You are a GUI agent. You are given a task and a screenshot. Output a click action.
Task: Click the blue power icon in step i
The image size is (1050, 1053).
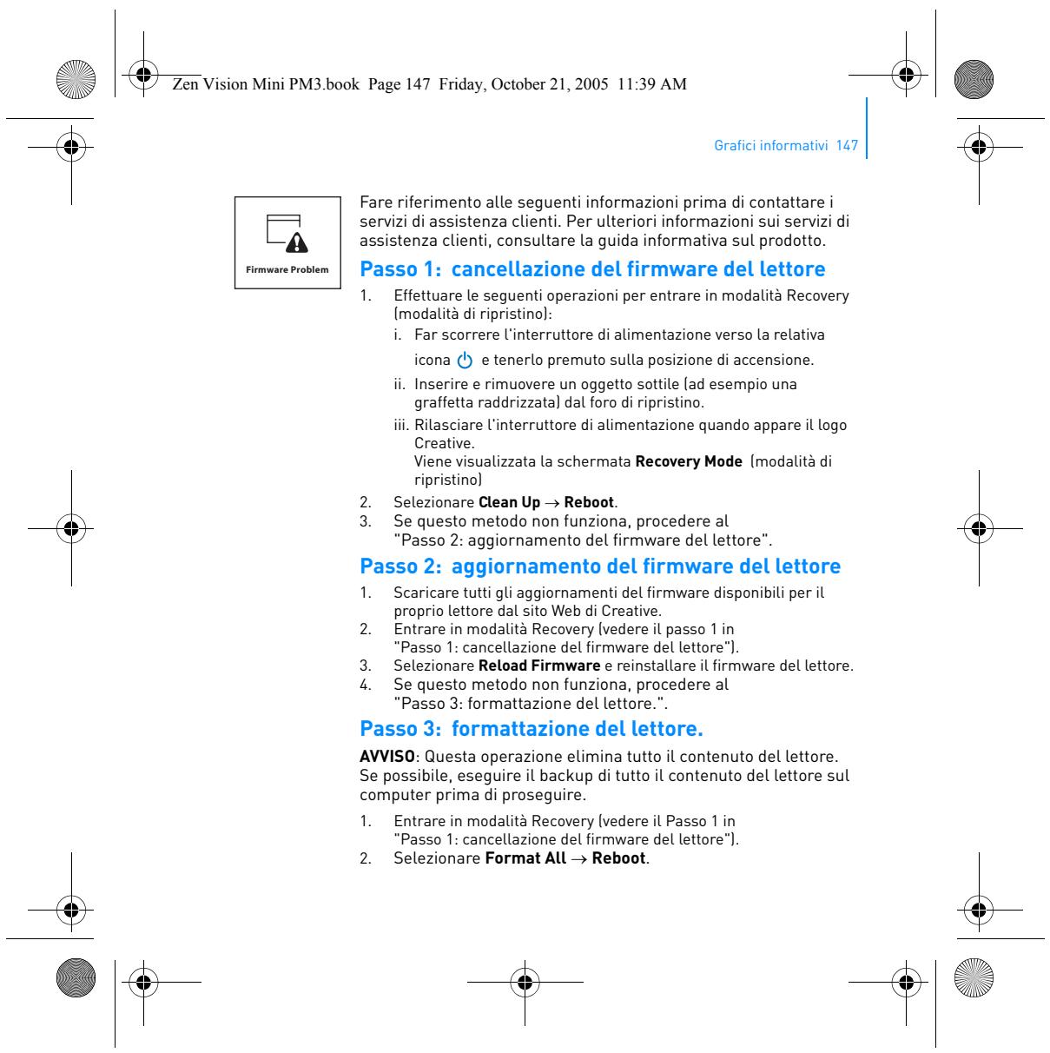pos(465,360)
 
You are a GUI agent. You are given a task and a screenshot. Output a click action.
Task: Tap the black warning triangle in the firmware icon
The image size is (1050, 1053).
pos(297,242)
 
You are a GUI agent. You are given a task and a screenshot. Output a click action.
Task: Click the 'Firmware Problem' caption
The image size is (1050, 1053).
pos(287,269)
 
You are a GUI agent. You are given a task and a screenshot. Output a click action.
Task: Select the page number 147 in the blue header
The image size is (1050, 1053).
pos(847,145)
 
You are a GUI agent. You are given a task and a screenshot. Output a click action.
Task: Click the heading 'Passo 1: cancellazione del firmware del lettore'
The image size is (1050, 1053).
pos(592,268)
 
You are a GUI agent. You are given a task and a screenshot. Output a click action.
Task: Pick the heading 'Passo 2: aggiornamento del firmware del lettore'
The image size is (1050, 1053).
pos(600,566)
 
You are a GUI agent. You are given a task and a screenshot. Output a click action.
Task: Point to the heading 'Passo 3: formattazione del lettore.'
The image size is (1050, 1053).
pos(531,728)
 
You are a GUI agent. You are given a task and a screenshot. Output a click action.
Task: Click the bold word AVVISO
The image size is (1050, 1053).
pos(386,756)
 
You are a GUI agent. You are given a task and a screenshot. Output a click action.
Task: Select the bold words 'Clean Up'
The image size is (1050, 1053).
pos(509,502)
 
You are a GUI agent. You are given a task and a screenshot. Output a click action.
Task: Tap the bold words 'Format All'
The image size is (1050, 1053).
pos(525,858)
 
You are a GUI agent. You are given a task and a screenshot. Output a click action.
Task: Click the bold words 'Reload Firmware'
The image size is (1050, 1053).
pos(539,666)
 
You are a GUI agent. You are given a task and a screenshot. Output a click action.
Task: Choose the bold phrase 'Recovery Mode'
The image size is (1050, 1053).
pos(689,461)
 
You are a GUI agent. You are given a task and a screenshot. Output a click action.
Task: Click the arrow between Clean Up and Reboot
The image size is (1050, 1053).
pos(551,503)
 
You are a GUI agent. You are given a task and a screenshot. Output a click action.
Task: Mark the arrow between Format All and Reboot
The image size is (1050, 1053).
pos(579,859)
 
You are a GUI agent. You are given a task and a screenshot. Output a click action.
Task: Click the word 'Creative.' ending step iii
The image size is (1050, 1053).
pos(444,443)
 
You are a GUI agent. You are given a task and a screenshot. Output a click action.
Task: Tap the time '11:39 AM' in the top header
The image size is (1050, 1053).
pos(651,84)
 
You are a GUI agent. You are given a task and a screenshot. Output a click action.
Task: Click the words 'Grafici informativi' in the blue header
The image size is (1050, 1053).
pos(771,145)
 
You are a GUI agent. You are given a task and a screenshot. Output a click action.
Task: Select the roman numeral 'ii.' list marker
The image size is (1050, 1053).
pos(400,384)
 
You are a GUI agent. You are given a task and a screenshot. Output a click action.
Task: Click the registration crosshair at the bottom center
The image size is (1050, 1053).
pos(525,982)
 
